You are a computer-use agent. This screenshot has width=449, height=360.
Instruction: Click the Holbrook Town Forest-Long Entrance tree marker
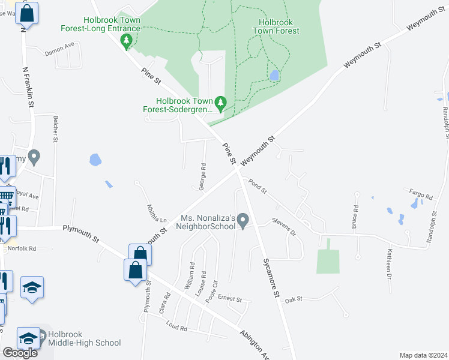(x=126, y=42)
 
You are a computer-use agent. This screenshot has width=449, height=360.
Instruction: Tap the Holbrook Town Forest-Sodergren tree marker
(x=221, y=104)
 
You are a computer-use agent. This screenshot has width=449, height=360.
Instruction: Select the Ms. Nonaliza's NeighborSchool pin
(x=243, y=221)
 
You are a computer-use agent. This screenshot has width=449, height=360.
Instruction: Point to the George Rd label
(x=203, y=176)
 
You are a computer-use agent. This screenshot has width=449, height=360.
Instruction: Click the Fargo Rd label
(x=420, y=196)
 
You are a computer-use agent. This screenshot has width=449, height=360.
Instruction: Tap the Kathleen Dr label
(x=389, y=263)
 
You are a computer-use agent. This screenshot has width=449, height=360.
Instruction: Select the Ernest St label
(x=229, y=298)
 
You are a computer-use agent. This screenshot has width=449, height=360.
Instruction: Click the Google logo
(x=20, y=353)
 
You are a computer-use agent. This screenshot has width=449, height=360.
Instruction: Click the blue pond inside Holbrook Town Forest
(x=274, y=76)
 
